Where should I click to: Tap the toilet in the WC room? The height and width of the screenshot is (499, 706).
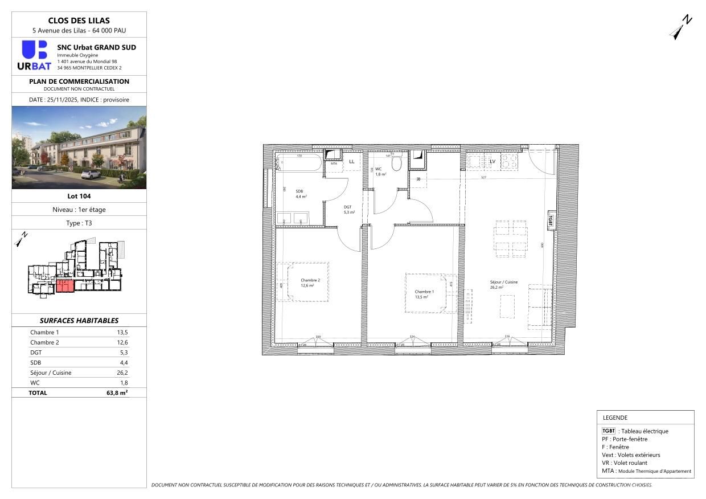point(397,163)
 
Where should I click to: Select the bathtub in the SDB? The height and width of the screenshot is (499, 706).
point(298,164)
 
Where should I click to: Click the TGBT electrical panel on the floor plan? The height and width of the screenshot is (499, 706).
point(551,219)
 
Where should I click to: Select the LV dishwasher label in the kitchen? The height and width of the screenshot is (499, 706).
point(492,162)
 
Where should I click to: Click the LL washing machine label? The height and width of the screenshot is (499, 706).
point(351,162)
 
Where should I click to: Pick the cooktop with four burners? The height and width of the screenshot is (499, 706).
point(509,161)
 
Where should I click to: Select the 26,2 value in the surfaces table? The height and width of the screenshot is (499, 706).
point(122,373)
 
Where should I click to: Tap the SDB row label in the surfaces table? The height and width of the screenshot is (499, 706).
point(36,362)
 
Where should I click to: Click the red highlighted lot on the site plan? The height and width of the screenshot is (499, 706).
point(65,286)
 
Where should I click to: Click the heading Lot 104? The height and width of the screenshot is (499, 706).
point(79,196)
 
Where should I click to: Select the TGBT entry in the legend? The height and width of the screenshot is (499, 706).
point(608,431)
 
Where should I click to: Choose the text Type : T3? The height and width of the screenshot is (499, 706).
point(79,223)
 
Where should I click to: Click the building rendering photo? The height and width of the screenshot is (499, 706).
point(79,148)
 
